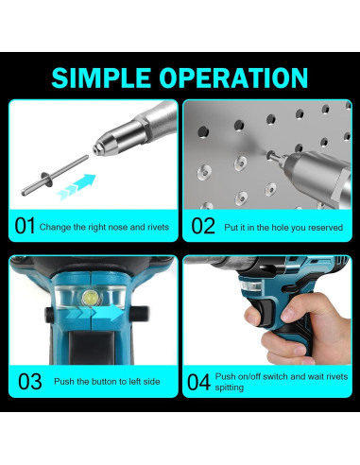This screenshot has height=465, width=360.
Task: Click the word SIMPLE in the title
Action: (101, 77)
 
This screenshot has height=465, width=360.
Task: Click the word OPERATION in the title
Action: (233, 77)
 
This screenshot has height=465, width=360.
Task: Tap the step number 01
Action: (25, 226)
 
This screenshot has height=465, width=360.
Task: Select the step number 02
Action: (203, 226)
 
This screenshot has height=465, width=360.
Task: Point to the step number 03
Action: (30, 382)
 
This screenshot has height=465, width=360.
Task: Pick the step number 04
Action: (198, 382)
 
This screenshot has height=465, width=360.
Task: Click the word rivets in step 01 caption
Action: (159, 227)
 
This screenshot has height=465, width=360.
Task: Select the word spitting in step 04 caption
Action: (230, 387)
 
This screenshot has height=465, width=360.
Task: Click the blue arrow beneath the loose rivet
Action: (77, 186)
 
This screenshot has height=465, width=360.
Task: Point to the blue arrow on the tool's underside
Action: (94, 313)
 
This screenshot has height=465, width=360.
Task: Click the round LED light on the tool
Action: (89, 298)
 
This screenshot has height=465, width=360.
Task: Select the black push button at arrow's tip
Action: (139, 314)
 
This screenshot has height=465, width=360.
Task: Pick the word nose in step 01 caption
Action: (118, 227)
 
